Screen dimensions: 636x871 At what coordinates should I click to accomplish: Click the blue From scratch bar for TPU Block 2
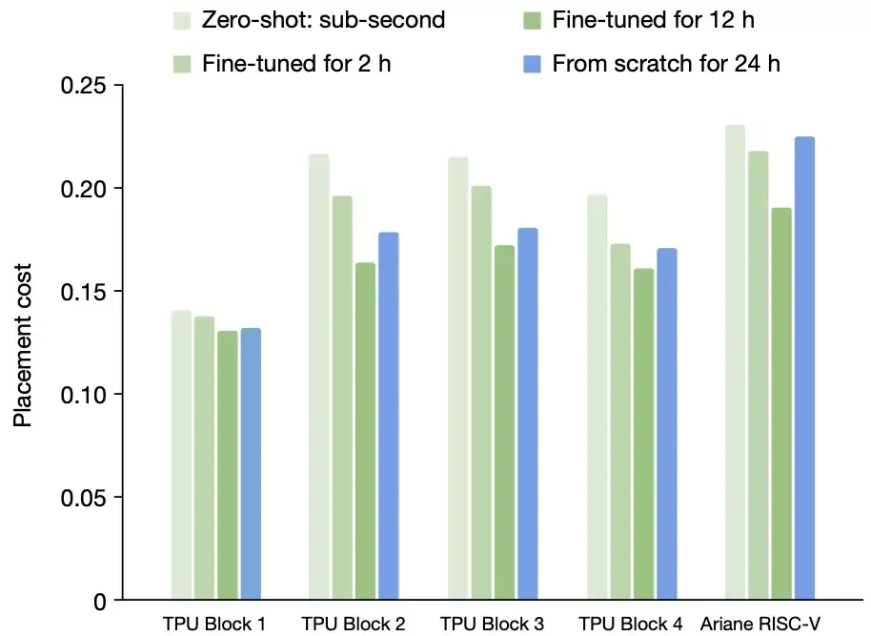(x=388, y=416)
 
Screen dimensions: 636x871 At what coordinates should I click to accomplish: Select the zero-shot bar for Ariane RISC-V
(x=735, y=362)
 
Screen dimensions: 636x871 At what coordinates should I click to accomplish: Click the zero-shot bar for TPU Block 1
(x=181, y=455)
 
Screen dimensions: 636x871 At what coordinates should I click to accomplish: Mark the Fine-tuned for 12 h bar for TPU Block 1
(x=228, y=465)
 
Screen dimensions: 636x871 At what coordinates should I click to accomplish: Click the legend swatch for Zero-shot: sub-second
(x=181, y=20)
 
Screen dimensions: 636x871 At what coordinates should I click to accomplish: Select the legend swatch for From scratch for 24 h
(x=534, y=65)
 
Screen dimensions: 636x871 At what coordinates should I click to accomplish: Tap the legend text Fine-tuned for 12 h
(x=654, y=20)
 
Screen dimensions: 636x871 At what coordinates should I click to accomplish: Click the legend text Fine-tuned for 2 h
(x=297, y=65)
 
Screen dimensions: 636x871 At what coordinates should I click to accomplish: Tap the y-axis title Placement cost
(x=22, y=345)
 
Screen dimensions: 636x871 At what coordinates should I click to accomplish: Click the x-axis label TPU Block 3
(x=493, y=625)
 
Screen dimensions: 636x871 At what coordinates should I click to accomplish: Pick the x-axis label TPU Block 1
(x=214, y=625)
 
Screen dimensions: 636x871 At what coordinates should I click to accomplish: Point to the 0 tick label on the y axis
(x=101, y=601)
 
